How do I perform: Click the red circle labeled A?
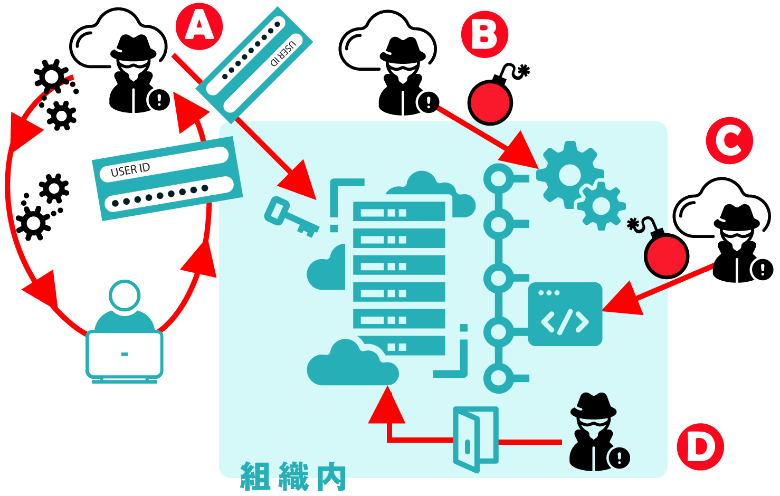199,26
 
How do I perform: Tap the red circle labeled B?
484,34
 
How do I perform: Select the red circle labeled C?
729,140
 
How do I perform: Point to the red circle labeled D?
700,446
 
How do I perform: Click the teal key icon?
289,217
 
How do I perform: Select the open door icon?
475,439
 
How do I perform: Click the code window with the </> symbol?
565,314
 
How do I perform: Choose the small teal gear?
601,206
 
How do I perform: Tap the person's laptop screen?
125,354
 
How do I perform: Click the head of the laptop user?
125,295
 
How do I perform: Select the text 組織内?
293,476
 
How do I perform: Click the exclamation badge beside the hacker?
619,457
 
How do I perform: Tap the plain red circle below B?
490,103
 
